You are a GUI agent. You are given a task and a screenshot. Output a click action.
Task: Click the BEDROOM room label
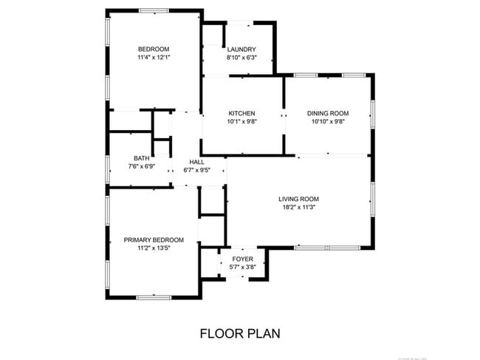pos(153,48)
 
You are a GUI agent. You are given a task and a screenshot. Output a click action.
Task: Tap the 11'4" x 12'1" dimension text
pos(153,57)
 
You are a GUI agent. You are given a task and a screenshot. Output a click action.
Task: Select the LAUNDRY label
pos(241,50)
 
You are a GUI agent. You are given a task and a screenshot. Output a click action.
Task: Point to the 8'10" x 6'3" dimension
pos(241,58)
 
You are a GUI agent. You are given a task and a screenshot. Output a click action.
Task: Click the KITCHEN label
pos(241,113)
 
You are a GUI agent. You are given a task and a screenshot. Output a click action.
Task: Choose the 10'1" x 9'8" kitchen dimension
pos(241,122)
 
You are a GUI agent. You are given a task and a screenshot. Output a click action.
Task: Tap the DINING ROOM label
pos(328,113)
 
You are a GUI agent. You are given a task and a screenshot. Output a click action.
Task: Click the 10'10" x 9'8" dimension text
pos(328,122)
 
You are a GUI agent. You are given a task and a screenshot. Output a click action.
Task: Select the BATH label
pos(141,158)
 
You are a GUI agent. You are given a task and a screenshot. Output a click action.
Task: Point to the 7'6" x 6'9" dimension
pos(141,166)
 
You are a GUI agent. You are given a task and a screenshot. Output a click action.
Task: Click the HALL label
pos(196,162)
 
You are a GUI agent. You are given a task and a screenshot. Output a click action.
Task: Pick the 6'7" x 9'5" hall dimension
pos(196,170)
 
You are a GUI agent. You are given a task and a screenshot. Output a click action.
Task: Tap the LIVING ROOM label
pos(298,199)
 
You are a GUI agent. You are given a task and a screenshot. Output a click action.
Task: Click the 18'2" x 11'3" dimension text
pos(298,207)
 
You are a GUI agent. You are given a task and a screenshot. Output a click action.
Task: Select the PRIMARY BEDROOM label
pos(154,240)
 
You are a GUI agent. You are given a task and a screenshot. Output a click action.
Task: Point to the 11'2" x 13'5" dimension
pos(154,249)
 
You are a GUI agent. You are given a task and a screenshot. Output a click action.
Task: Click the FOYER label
pos(242,259)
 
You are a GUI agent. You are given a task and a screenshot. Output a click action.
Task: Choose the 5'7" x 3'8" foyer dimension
pos(242,268)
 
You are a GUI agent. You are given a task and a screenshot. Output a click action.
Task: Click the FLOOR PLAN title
pos(240,333)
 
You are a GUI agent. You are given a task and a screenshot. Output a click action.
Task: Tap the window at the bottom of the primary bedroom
pos(154,297)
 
